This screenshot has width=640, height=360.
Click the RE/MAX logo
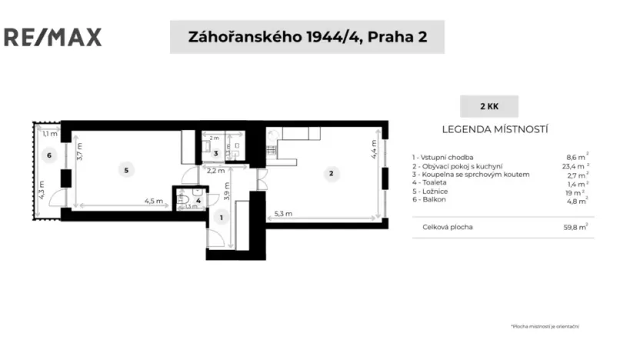[53, 36]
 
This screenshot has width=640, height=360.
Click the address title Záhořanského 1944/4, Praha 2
[306, 37]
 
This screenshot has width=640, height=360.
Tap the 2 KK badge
[488, 106]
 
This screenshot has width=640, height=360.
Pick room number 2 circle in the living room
[331, 174]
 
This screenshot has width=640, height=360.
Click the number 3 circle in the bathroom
[216, 154]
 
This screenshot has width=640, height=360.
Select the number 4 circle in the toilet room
[198, 202]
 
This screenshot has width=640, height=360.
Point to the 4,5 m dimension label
[153, 202]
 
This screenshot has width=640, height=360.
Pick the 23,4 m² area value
[575, 166]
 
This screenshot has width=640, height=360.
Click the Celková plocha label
[448, 227]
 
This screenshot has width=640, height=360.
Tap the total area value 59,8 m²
[575, 227]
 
